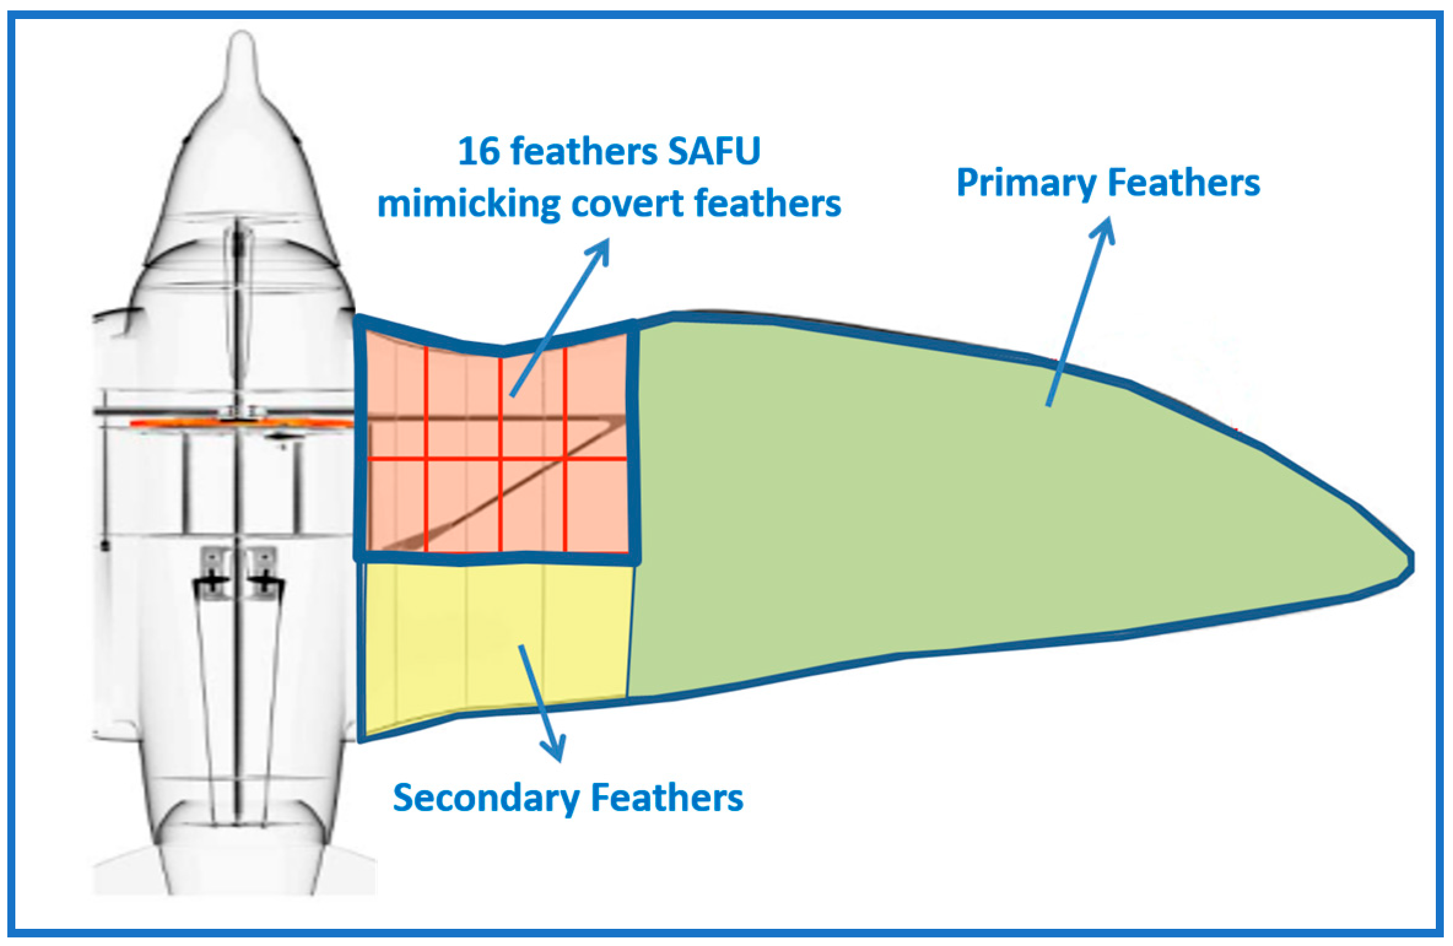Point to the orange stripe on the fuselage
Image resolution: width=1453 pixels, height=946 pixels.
pos(184,423)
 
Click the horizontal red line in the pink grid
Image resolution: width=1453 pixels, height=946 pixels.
pos(497,458)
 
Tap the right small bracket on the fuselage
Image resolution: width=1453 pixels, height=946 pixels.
pos(263,567)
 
